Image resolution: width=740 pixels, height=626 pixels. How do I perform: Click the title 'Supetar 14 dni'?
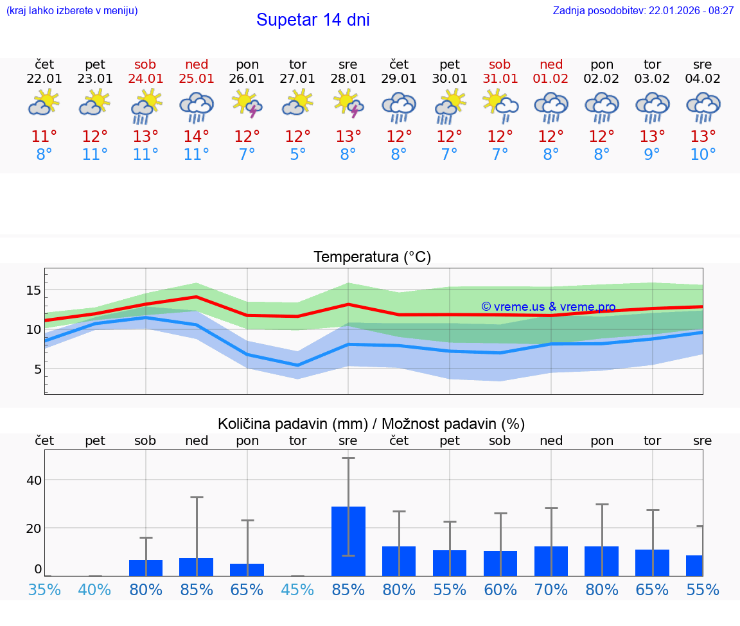click(313, 20)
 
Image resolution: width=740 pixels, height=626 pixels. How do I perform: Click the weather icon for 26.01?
click(247, 104)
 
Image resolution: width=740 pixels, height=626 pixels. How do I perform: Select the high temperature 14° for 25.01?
click(197, 136)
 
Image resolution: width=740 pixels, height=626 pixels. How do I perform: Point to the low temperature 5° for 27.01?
click(297, 155)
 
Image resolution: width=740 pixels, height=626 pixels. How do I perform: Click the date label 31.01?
click(500, 78)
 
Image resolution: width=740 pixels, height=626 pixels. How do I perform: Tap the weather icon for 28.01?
click(348, 104)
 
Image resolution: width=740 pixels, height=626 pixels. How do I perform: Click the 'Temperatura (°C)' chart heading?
click(372, 257)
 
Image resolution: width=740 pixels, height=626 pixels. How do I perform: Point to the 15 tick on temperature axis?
click(33, 290)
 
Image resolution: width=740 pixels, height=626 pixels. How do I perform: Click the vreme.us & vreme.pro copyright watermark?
click(549, 307)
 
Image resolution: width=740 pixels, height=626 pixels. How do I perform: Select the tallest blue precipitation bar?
click(348, 541)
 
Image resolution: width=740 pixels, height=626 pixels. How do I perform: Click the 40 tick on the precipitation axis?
click(34, 480)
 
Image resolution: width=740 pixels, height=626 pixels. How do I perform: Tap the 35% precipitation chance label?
click(44, 589)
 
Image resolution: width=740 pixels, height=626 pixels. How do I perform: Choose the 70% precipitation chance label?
click(551, 589)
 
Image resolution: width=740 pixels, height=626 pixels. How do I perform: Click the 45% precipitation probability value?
click(297, 589)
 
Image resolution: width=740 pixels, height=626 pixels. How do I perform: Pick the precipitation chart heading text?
click(371, 424)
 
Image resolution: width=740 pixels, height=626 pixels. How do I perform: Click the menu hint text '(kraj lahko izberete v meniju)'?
click(71, 11)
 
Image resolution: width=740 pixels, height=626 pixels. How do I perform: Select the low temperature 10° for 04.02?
click(703, 155)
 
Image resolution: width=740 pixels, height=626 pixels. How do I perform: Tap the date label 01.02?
click(551, 78)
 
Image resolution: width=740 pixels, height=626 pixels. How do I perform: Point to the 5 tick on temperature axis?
click(37, 369)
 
